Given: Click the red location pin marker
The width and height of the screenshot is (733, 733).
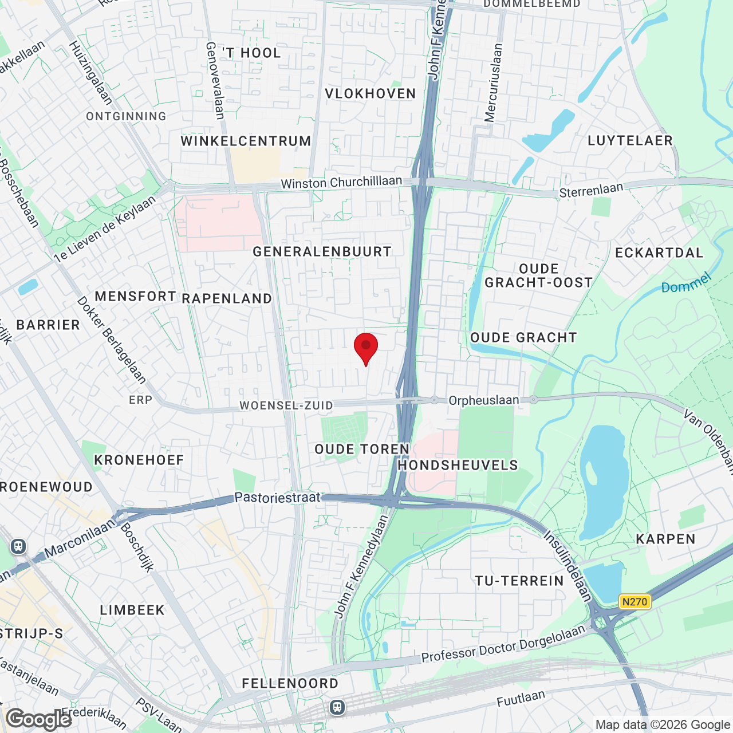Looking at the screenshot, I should click(366, 347).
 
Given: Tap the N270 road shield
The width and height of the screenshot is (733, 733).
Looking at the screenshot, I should click(635, 602).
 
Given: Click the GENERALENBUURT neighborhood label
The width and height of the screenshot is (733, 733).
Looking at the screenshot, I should click(322, 251).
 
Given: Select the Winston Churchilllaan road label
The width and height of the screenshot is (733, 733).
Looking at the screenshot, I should click(341, 182).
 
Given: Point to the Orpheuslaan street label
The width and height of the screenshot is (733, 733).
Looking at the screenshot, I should click(483, 400).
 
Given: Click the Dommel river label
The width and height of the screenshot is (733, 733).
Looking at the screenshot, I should click(685, 283).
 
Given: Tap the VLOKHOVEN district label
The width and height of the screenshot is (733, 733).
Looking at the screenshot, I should click(370, 94).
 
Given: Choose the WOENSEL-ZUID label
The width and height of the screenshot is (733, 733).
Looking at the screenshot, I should click(286, 405).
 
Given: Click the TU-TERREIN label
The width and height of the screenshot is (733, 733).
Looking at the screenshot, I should click(519, 581).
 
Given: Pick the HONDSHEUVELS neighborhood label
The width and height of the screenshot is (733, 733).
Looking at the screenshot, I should click(458, 465).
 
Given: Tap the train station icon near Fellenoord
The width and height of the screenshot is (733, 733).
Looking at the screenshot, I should click(337, 708).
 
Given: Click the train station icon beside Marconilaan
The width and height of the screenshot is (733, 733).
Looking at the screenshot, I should click(18, 546).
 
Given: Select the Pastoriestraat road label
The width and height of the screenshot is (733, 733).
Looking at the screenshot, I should click(277, 498).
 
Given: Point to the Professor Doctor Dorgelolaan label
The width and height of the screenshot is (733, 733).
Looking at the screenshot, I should click(503, 644).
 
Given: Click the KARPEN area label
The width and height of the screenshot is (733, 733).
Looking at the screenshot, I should click(665, 539).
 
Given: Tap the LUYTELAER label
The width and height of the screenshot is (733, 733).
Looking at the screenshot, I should click(630, 140).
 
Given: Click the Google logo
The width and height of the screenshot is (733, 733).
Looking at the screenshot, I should click(38, 719).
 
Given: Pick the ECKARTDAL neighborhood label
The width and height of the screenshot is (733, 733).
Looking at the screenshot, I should click(659, 253).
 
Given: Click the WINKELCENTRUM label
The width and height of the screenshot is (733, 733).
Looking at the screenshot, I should click(246, 141).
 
